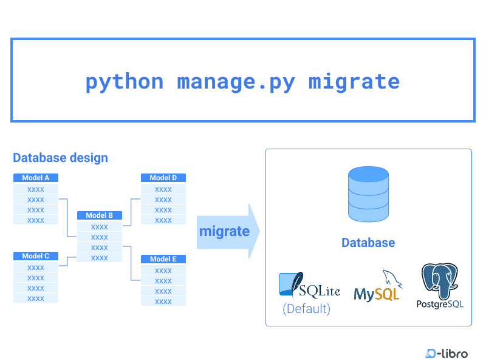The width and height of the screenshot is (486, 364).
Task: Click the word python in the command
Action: click(x=125, y=82)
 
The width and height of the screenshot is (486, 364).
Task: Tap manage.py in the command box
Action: click(x=236, y=82)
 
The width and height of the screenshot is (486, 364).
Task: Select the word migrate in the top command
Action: click(x=354, y=82)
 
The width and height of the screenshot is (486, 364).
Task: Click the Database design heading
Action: click(x=60, y=158)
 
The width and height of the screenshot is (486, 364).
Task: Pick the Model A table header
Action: click(x=36, y=178)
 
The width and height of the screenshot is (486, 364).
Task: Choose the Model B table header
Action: click(x=100, y=215)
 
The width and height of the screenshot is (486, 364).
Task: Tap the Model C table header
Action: click(x=36, y=256)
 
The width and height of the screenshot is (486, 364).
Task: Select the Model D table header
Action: click(x=163, y=178)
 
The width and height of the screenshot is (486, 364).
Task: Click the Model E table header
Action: click(x=163, y=259)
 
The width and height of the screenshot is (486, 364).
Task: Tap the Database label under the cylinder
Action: click(x=368, y=243)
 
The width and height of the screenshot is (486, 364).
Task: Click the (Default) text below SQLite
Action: click(x=306, y=309)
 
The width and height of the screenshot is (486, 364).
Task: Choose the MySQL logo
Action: click(x=378, y=288)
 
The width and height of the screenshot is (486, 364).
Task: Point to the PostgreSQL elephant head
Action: click(x=440, y=280)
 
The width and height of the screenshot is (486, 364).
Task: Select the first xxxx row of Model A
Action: click(x=36, y=189)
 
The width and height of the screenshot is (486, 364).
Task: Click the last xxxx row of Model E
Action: click(x=163, y=301)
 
